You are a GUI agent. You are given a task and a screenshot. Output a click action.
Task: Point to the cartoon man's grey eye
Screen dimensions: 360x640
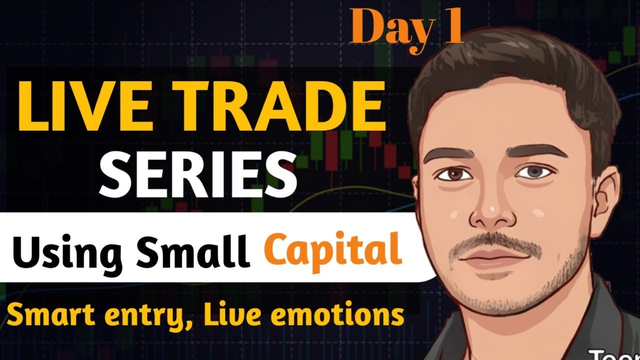point(530,172)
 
